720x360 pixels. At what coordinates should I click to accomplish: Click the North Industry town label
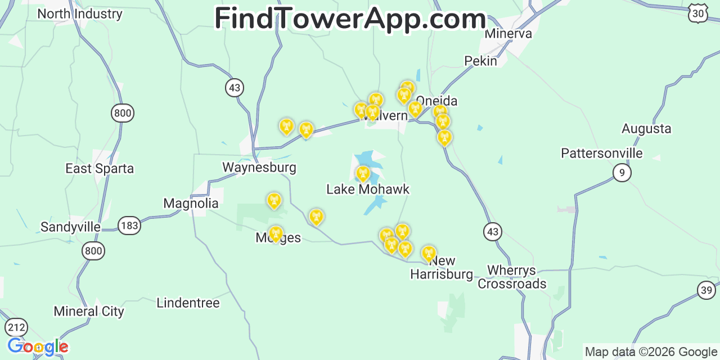click(x=79, y=14)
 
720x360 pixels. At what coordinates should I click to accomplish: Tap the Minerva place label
click(x=508, y=34)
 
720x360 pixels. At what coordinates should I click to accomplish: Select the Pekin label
click(x=480, y=61)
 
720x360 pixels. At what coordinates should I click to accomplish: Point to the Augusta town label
click(x=646, y=129)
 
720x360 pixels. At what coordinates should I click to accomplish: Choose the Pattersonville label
click(x=602, y=153)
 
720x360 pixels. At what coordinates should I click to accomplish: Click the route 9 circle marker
click(x=622, y=172)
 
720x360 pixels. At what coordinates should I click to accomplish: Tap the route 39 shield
click(x=706, y=290)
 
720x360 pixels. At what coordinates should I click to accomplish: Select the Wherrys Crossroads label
click(x=512, y=277)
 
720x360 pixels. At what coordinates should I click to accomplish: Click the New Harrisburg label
click(x=442, y=268)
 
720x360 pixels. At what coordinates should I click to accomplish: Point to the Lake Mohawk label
click(x=368, y=190)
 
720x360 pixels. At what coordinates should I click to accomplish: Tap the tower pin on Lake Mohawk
click(x=363, y=173)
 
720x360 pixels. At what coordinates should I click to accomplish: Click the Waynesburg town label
click(x=259, y=168)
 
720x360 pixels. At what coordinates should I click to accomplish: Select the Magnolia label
click(x=191, y=203)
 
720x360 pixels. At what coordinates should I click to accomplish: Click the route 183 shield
click(x=129, y=226)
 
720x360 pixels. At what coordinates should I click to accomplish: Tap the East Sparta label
click(x=100, y=169)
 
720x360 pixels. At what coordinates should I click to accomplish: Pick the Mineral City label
click(x=89, y=312)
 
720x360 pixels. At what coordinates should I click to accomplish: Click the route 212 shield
click(x=17, y=327)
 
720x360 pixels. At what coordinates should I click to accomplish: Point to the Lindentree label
click(x=188, y=303)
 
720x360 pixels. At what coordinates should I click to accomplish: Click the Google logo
click(x=38, y=347)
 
